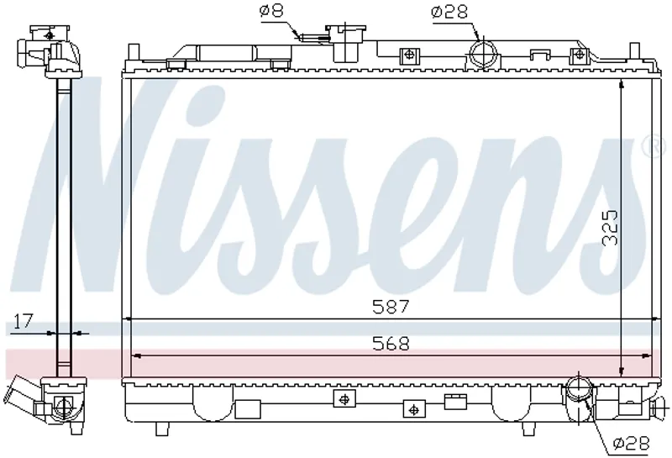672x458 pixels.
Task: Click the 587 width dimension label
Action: click(x=391, y=307)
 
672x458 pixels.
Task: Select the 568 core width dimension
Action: click(x=391, y=344)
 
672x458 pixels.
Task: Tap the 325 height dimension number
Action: click(x=611, y=228)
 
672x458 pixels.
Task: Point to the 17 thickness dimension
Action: click(x=23, y=321)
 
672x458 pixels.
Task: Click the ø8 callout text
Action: click(x=271, y=10)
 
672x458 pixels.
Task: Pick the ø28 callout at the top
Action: click(x=449, y=12)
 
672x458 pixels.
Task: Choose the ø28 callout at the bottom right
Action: click(x=632, y=443)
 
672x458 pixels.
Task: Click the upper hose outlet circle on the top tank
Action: click(x=484, y=54)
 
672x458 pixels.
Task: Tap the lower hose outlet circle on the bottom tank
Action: click(x=580, y=387)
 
